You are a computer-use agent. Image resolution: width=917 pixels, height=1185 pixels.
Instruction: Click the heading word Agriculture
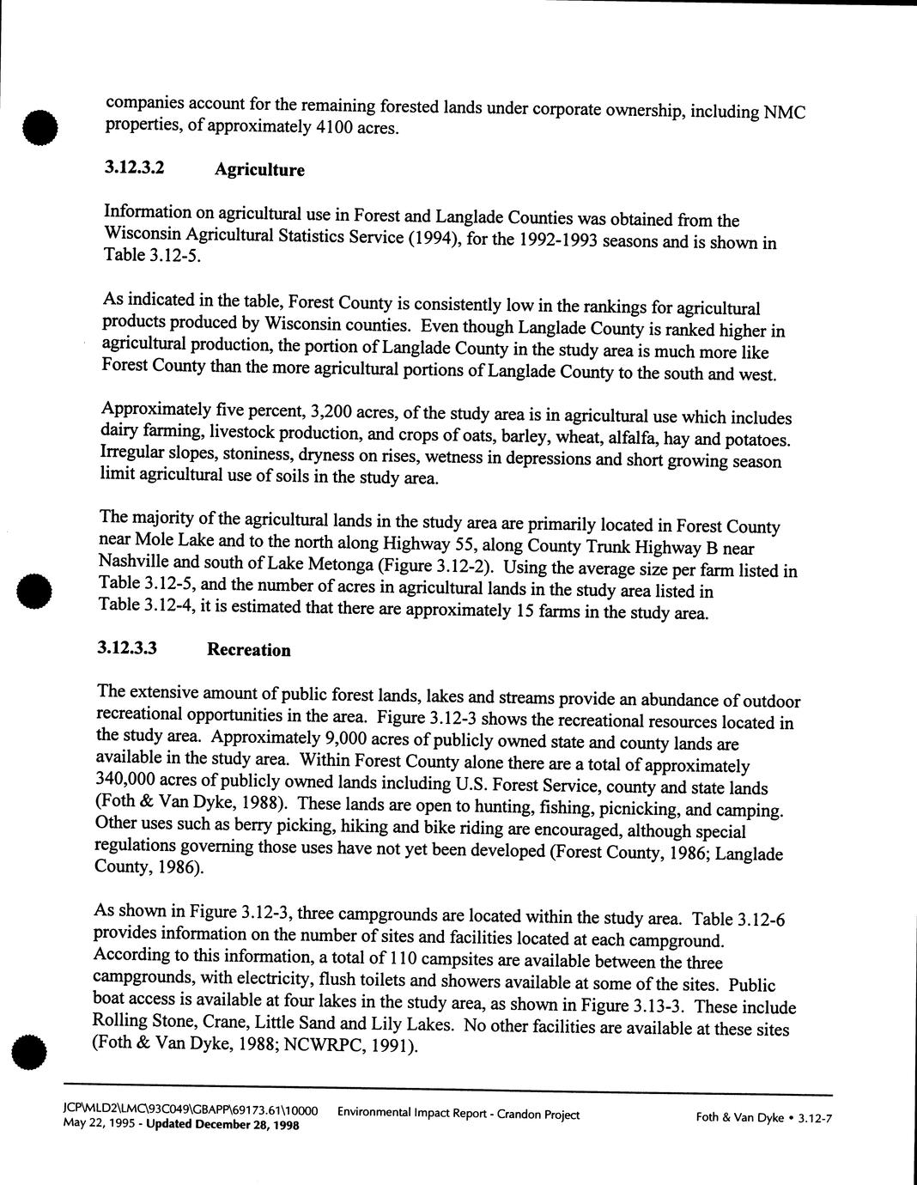(x=259, y=170)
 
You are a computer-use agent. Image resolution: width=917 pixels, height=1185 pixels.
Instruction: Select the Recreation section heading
(x=249, y=650)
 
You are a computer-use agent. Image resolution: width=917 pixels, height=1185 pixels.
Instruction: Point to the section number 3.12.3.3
(x=128, y=648)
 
